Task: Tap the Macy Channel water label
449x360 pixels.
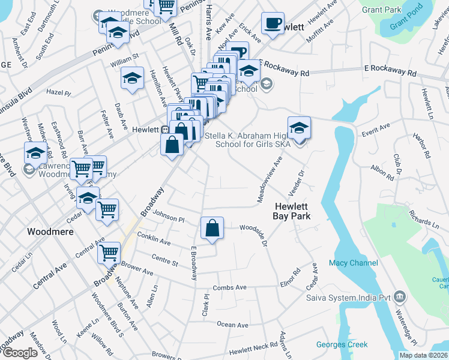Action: [354, 263]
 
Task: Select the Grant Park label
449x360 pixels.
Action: [382, 10]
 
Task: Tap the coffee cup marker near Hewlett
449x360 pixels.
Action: [273, 24]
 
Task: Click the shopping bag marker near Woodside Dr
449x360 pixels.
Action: [212, 229]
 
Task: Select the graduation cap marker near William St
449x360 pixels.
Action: [132, 78]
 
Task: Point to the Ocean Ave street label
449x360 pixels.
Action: [232, 325]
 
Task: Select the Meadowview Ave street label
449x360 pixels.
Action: [269, 179]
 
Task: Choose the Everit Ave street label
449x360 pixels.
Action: [376, 127]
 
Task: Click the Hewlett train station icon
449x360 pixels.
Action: [164, 129]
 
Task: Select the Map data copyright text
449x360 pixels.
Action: [423, 355]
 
